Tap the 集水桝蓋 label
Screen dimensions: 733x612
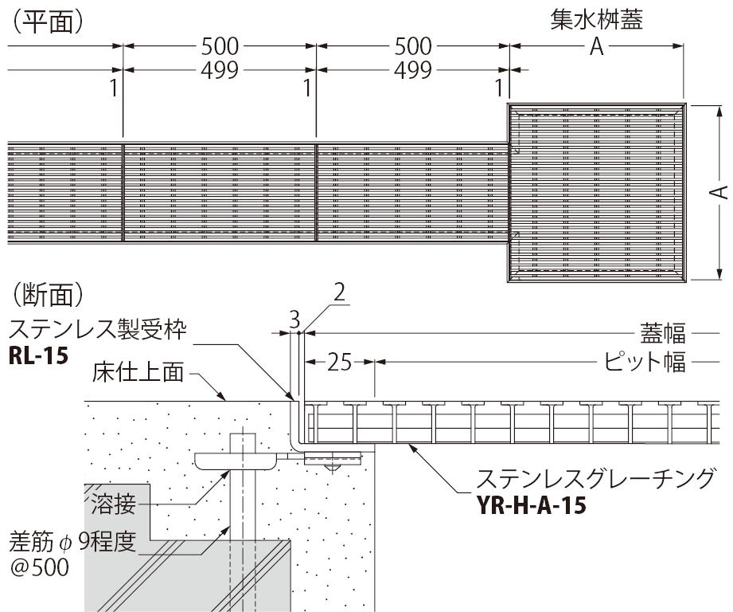[596, 20]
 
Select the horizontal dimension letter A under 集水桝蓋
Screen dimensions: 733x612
[596, 46]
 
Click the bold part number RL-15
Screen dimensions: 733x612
[39, 355]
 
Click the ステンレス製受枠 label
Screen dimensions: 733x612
[98, 329]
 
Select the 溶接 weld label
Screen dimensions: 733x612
[114, 504]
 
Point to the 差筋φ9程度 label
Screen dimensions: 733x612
[72, 542]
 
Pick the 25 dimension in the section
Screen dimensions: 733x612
[339, 362]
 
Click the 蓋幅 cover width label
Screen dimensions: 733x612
[663, 334]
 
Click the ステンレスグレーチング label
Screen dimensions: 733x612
[595, 478]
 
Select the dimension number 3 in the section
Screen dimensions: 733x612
[294, 320]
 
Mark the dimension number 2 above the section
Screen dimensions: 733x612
[339, 292]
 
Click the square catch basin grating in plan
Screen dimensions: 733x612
[596, 193]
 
